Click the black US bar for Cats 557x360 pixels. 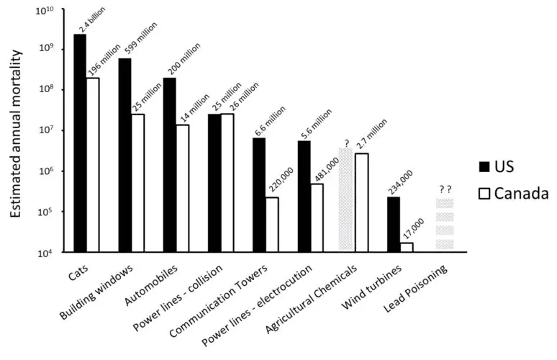tap(80, 143)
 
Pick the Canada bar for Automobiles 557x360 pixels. tap(183, 188)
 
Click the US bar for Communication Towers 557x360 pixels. tap(260, 194)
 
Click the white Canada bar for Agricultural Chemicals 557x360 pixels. tap(361, 202)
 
